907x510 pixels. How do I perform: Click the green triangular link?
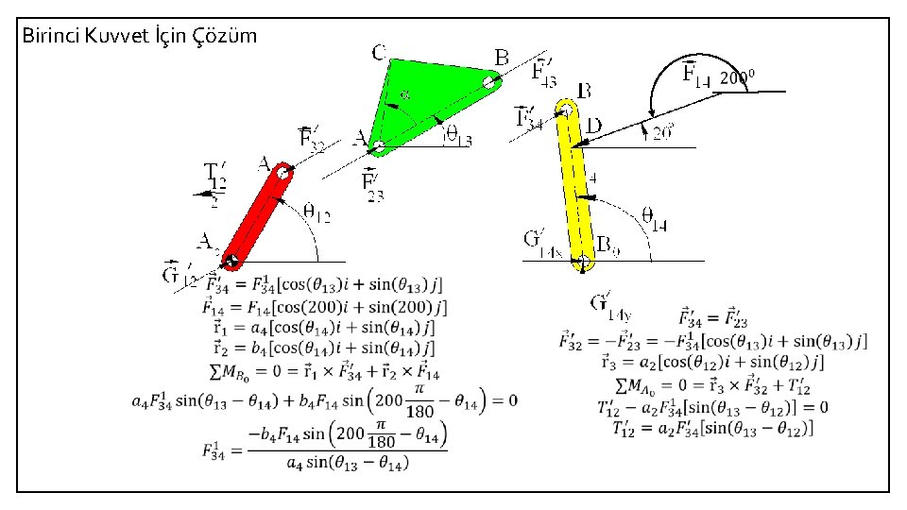click(x=430, y=99)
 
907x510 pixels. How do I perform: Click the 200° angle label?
click(x=738, y=78)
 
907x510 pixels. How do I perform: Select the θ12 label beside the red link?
click(x=317, y=216)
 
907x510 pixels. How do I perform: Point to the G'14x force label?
click(x=542, y=243)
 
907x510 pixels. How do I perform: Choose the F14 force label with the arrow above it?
click(x=694, y=72)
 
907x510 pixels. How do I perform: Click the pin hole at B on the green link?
click(x=488, y=82)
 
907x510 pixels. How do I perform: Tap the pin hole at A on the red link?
click(x=282, y=172)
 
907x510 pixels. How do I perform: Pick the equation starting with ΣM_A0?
click(x=712, y=385)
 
